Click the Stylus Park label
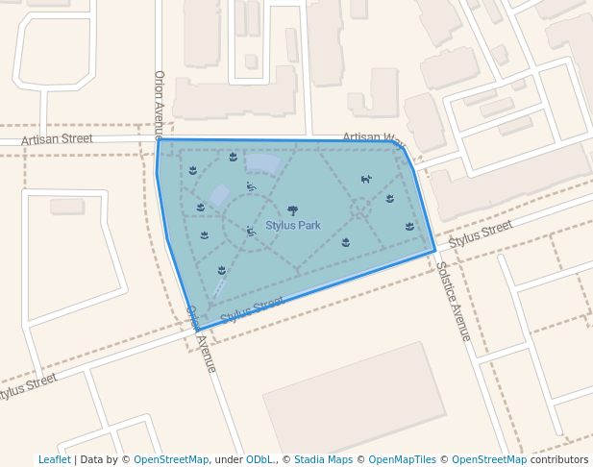(x=293, y=226)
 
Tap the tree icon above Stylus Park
(x=292, y=210)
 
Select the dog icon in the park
(x=366, y=179)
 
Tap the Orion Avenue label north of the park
(x=160, y=104)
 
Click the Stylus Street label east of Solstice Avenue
(x=481, y=232)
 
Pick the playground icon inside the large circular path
(x=251, y=231)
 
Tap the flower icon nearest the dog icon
(x=390, y=199)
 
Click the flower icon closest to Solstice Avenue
(x=410, y=227)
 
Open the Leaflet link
(x=54, y=460)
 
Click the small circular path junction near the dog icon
(x=360, y=207)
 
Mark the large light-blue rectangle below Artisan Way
(x=262, y=163)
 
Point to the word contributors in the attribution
(x=559, y=460)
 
